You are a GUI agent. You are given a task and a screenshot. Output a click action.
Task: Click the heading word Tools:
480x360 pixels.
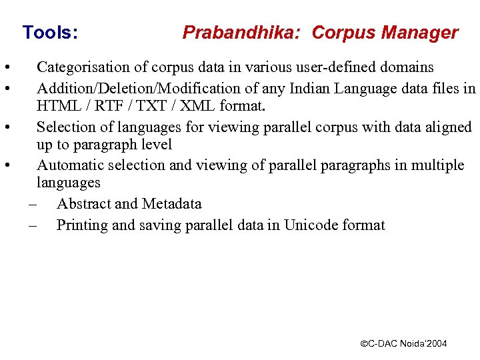(50, 32)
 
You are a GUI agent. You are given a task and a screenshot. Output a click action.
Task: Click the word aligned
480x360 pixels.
(448, 127)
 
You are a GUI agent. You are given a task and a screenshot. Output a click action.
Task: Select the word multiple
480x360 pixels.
(436, 165)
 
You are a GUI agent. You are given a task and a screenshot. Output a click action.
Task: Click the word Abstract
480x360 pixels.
(83, 204)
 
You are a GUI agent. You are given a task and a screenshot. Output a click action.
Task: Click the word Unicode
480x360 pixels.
(311, 225)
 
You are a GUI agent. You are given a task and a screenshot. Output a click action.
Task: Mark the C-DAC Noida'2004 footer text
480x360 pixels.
(404, 344)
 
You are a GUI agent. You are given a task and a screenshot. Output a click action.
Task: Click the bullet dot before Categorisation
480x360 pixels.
(5, 68)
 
